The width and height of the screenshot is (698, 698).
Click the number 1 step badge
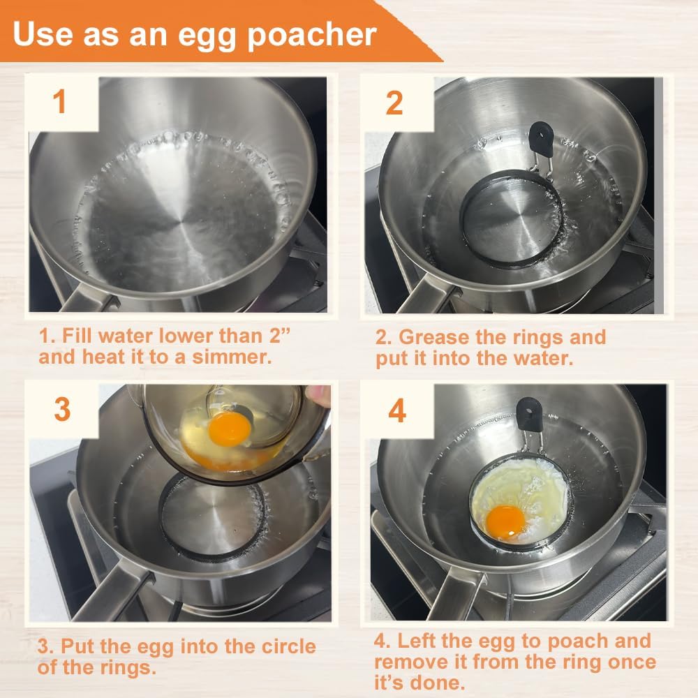click(60, 102)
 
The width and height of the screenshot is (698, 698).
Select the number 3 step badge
click(62, 410)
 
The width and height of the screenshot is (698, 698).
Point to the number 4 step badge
click(396, 411)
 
